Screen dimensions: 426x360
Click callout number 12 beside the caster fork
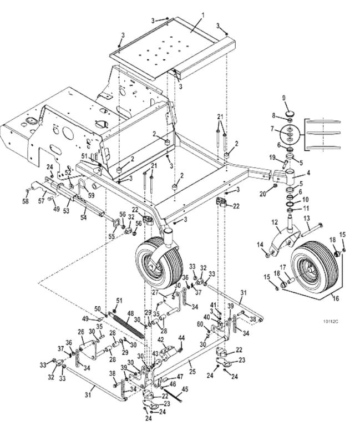tap(273, 222)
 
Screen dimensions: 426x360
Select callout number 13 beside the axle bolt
tap(306, 219)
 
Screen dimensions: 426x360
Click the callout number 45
tap(185, 389)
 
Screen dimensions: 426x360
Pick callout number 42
tap(160, 339)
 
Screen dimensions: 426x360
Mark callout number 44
tap(181, 337)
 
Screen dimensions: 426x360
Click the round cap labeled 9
tap(290, 115)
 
